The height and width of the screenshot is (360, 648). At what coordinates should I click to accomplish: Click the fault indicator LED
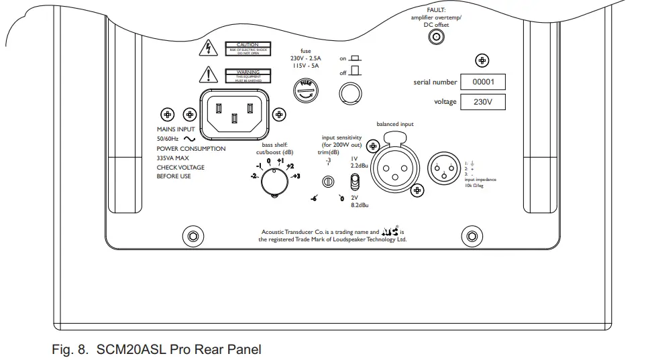tap(438, 38)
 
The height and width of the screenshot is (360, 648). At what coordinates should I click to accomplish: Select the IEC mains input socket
tap(233, 111)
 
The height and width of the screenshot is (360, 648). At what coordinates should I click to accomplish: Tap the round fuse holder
tap(306, 88)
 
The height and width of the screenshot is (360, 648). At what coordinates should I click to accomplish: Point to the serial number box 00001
tap(487, 82)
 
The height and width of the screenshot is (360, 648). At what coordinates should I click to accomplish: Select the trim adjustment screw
tap(329, 181)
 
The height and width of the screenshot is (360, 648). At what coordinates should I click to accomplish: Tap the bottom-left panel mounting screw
tap(193, 236)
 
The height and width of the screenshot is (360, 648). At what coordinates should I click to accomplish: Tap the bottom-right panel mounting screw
tap(473, 236)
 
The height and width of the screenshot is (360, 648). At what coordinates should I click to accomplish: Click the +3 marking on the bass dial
tap(295, 176)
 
